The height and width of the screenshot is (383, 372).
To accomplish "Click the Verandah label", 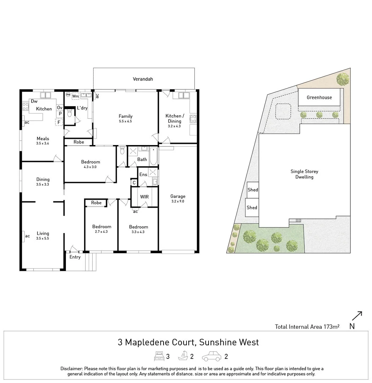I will pyautogui.click(x=143, y=79).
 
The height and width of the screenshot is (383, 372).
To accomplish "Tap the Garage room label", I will pyautogui.click(x=178, y=196).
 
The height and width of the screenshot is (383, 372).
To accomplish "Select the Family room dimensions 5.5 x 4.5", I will pyautogui.click(x=126, y=121).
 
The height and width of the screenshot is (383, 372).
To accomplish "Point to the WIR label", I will pyautogui.click(x=144, y=197).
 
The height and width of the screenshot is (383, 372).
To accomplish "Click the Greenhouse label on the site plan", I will pyautogui.click(x=319, y=97).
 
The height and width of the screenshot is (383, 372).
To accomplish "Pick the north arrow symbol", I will pyautogui.click(x=357, y=316).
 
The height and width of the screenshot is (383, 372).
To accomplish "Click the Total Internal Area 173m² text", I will pyautogui.click(x=307, y=327).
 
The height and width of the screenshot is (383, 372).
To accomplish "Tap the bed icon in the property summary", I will pyautogui.click(x=159, y=356).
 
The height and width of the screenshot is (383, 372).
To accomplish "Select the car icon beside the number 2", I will pyautogui.click(x=211, y=356).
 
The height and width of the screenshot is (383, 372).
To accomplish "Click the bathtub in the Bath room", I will pyautogui.click(x=153, y=156).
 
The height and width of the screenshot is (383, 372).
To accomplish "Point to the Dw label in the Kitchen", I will pyautogui.click(x=34, y=101).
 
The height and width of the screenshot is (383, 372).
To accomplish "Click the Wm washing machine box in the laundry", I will pyautogui.click(x=75, y=96).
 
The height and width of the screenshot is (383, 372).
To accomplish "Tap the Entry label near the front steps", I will pyautogui.click(x=75, y=257).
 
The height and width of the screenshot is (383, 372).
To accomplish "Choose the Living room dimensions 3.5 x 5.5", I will pyautogui.click(x=43, y=239).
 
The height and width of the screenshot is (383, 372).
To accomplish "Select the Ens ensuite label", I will pyautogui.click(x=143, y=174).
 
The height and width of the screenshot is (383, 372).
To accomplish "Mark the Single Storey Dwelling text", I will pyautogui.click(x=304, y=174).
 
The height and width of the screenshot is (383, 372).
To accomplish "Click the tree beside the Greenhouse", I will pyautogui.click(x=343, y=79).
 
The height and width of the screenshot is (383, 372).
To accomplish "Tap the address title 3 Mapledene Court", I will pyautogui.click(x=188, y=342).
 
